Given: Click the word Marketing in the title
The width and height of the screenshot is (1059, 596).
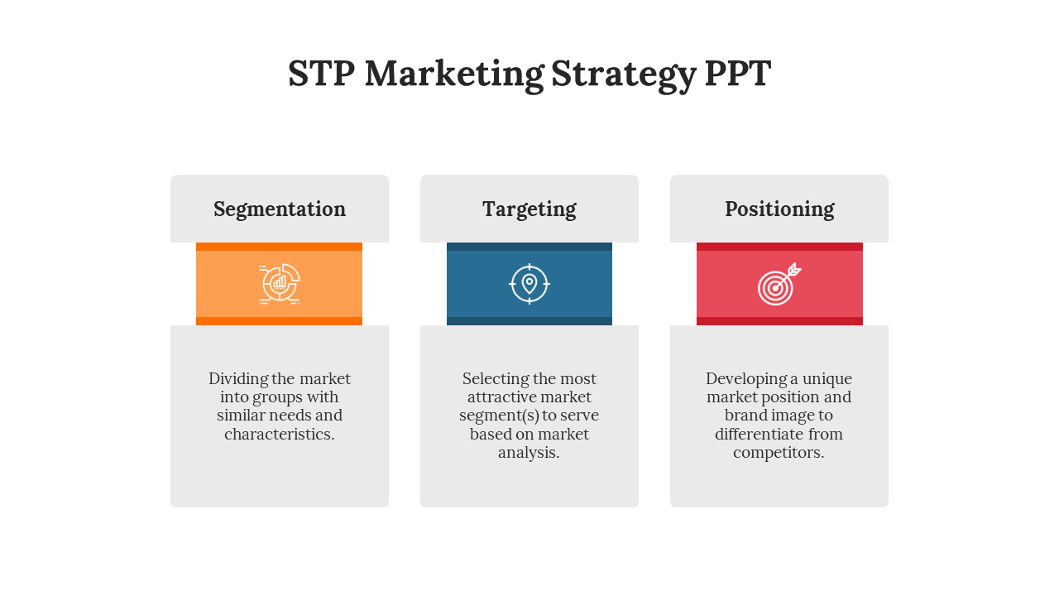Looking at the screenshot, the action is tap(454, 74).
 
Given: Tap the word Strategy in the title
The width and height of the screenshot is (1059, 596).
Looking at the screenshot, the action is tap(624, 74).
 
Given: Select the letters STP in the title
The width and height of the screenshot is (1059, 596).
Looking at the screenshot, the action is tap(322, 74).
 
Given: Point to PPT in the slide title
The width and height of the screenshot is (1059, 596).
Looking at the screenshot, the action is tap(738, 74).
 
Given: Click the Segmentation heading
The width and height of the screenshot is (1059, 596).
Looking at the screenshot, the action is tap(280, 209).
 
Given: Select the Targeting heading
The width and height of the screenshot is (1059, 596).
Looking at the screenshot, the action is tap(529, 209).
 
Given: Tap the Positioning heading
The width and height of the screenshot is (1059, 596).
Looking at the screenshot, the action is tap(779, 209).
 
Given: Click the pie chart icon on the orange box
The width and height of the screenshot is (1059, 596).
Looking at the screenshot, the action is tap(280, 284).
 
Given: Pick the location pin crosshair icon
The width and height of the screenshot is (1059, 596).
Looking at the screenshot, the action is tap(529, 284).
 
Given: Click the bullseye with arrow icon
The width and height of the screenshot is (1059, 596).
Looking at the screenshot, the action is tap(779, 284).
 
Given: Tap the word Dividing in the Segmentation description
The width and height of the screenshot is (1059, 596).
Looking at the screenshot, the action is tap(238, 379).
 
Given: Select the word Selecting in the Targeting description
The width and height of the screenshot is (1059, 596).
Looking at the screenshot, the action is tap(496, 379).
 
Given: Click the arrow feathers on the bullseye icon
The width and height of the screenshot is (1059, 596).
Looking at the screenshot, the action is tap(795, 269).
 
